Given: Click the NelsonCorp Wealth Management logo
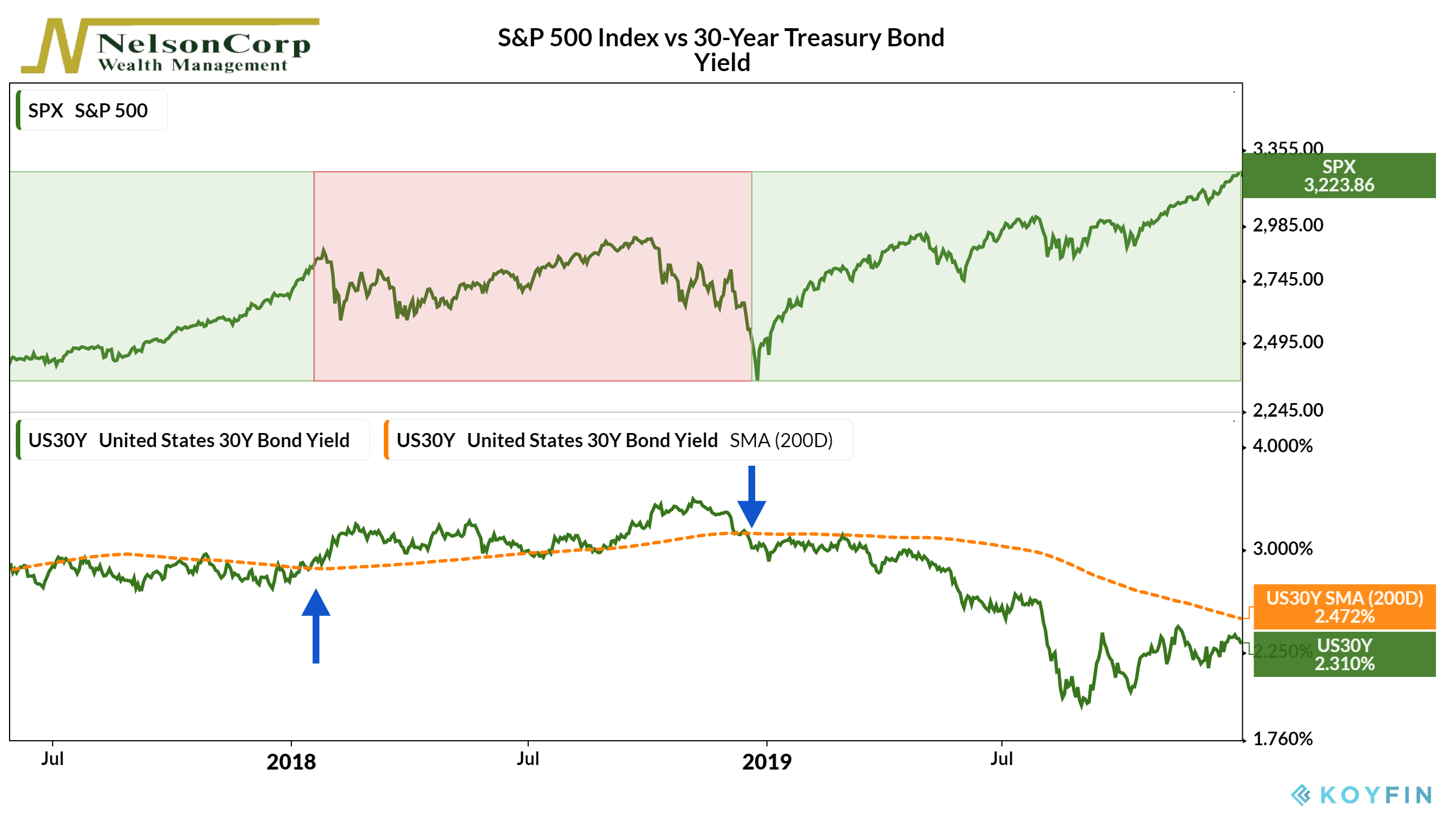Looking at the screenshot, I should point(169,46).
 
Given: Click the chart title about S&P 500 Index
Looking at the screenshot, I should point(721,50).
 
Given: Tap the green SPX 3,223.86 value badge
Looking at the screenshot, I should point(1338,176).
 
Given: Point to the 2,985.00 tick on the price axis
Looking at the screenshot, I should point(1288,225).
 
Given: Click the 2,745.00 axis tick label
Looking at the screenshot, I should point(1288,279).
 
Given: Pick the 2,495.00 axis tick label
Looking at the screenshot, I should point(1288,342).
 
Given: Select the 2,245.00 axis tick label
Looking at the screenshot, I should point(1288,410).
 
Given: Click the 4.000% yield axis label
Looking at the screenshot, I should point(1282,447).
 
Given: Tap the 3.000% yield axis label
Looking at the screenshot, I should point(1282,549).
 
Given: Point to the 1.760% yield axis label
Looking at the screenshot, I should point(1282,739).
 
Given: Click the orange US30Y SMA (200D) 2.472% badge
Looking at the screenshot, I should point(1344,607).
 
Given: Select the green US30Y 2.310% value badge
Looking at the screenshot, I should point(1344,654).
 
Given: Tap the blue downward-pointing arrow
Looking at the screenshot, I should point(752,497).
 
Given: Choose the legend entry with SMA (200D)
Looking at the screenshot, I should point(618,440).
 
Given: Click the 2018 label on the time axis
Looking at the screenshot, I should point(291,762).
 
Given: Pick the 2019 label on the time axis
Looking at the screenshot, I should point(767,762).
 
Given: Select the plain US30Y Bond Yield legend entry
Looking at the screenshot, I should point(192,440).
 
